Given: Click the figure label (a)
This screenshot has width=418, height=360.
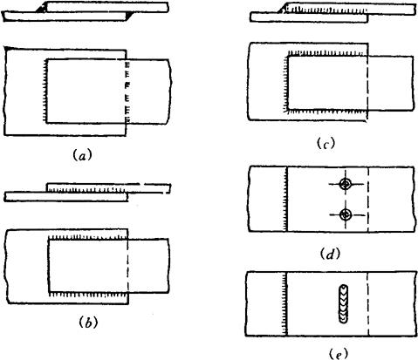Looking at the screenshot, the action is pos(82,155).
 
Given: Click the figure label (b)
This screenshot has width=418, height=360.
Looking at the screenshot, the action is pos(88,323).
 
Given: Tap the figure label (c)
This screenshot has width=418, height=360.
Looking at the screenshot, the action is pos(325,143).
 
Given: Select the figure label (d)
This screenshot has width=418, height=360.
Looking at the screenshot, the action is pos(330,254).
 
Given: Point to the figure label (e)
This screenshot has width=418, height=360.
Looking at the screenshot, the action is pos(338,354).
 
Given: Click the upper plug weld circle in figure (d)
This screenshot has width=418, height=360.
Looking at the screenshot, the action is pos(346,184).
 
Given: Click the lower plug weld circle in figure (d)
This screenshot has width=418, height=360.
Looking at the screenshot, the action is pos(346,214).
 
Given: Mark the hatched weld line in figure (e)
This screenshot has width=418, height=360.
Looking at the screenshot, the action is pos(285,304).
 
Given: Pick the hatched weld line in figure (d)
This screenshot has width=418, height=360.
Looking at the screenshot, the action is pos(285,200).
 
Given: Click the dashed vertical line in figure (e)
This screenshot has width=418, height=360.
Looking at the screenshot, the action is pos(368,304).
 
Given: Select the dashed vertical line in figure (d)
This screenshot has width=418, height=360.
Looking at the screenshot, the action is pos(368,200).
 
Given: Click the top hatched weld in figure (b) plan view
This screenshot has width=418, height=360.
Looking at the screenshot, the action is pos(88,237).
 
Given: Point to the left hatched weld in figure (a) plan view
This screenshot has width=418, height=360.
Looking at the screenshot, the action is pos(45,92).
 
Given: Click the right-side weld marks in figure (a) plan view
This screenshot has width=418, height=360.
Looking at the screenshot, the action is pos(127,92).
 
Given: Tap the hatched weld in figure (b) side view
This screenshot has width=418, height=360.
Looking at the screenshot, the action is pos(86,190).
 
